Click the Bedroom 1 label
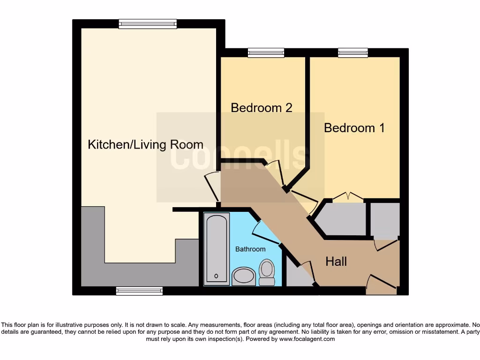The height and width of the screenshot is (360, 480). [354, 127]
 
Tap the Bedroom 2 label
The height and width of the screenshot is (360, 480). [262, 107]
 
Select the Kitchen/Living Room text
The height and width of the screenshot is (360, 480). [145, 144]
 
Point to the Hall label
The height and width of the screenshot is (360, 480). [336, 261]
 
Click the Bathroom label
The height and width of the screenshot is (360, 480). [250, 249]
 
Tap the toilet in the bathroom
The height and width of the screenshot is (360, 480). [267, 272]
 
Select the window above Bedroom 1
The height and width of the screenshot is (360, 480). [352, 52]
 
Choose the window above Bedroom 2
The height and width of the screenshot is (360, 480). [266, 52]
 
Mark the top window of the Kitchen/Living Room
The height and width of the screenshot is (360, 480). [148, 24]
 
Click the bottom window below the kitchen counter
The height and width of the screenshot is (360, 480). [139, 291]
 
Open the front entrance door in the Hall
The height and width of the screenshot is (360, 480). [381, 284]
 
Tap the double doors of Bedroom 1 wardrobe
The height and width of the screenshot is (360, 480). [347, 197]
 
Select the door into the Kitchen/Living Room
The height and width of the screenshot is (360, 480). [212, 186]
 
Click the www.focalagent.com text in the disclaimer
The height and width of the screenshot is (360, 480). [307, 339]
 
